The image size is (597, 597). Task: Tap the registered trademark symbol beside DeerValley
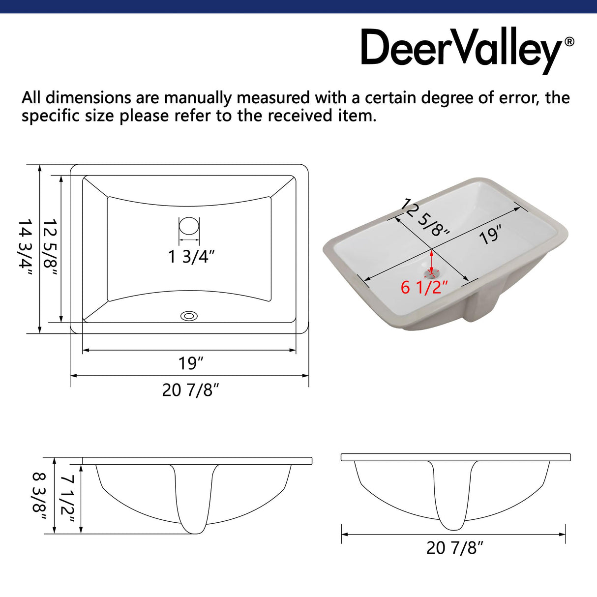(569, 42)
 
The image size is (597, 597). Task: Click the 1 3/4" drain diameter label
(191, 256)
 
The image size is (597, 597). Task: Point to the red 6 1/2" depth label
(424, 287)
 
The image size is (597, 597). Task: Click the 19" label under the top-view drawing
(191, 363)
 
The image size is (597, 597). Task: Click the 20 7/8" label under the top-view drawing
(190, 390)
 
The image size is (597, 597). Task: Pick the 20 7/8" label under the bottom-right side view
(455, 548)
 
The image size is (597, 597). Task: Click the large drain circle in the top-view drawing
(189, 226)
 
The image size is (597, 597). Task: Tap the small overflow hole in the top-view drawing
(189, 316)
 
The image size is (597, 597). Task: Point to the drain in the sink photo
(432, 273)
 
